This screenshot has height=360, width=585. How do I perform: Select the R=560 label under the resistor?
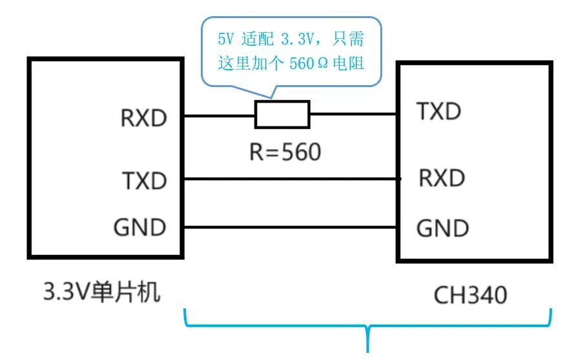click(285, 152)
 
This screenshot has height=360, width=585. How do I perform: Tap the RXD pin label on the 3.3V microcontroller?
click(143, 119)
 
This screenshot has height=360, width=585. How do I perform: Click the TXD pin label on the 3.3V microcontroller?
click(144, 181)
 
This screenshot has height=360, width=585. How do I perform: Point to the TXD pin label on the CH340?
click(439, 112)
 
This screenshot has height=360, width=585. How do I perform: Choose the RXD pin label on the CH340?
click(442, 177)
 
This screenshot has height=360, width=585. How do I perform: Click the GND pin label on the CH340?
click(442, 228)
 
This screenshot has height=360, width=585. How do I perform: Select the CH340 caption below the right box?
click(470, 295)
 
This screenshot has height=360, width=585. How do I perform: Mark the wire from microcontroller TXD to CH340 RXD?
click(291, 179)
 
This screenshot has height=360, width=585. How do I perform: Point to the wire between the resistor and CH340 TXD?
click(353, 115)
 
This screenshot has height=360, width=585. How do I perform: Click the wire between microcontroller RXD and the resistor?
click(220, 115)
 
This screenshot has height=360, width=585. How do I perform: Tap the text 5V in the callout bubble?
click(225, 40)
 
